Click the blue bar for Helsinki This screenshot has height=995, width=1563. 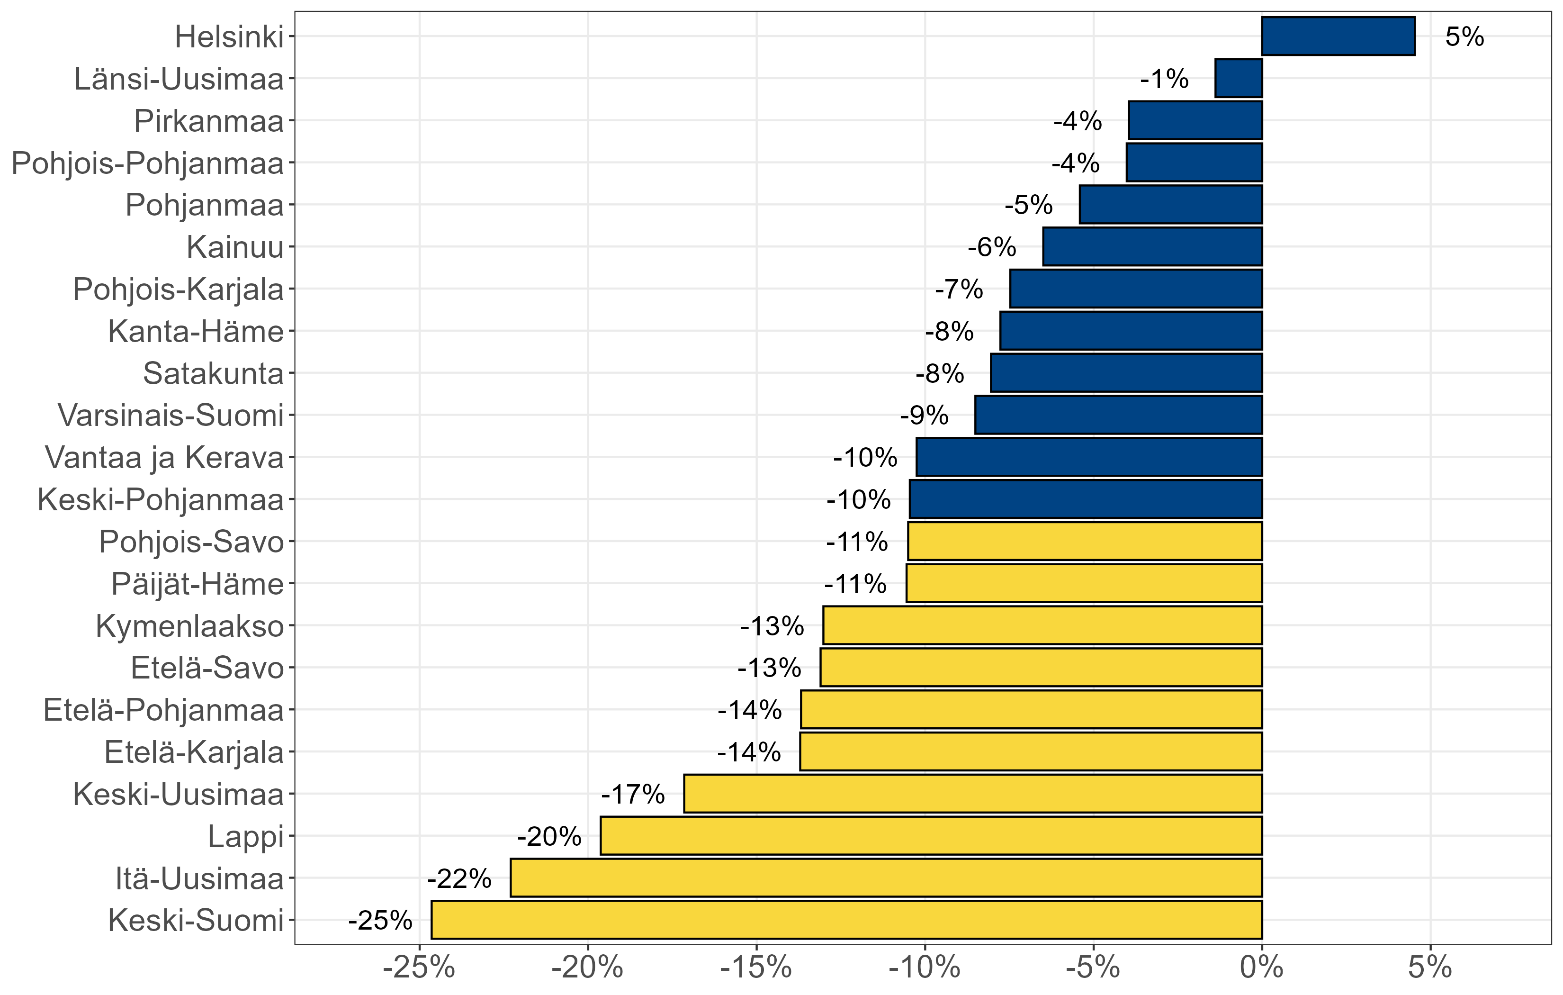point(1338,36)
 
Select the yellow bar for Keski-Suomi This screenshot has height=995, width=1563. point(846,920)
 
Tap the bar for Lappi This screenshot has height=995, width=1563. point(931,836)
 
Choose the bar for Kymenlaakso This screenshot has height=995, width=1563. point(1042,625)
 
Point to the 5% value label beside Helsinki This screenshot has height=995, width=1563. point(1464,37)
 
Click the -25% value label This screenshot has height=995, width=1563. point(380,920)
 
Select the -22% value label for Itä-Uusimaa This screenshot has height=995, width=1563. point(459,879)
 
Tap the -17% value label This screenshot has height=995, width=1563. point(633,794)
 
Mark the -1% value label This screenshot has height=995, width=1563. point(1165,79)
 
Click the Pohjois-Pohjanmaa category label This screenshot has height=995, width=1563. point(148,163)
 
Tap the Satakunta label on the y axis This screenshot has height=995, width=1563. point(214,373)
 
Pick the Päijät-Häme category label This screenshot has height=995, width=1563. point(198,584)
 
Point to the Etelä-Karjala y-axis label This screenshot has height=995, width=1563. point(194,752)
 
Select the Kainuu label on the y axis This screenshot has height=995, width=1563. point(235,247)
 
